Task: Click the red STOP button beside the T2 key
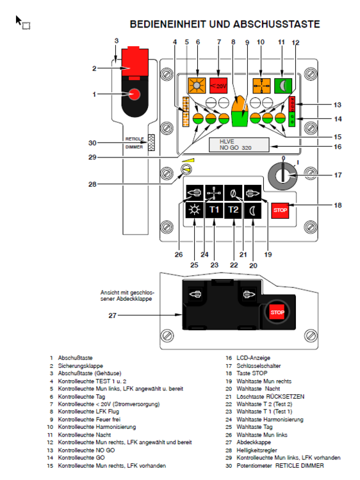click(x=280, y=211)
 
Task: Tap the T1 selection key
click(x=214, y=211)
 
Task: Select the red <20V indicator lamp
click(x=218, y=85)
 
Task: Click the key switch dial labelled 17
click(x=282, y=176)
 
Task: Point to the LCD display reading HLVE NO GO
click(x=239, y=145)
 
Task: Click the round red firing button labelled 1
click(x=134, y=94)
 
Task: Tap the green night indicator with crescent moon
click(x=283, y=85)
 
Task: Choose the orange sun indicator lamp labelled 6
click(x=197, y=85)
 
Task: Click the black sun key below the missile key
click(x=195, y=211)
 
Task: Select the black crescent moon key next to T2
click(x=253, y=211)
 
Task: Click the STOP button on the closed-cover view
click(x=277, y=312)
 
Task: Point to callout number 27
click(x=113, y=316)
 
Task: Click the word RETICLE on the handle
click(x=134, y=139)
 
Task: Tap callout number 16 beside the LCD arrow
click(x=338, y=147)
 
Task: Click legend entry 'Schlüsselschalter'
click(x=259, y=365)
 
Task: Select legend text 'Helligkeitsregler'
click(x=257, y=450)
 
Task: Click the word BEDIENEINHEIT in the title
click(x=168, y=24)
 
